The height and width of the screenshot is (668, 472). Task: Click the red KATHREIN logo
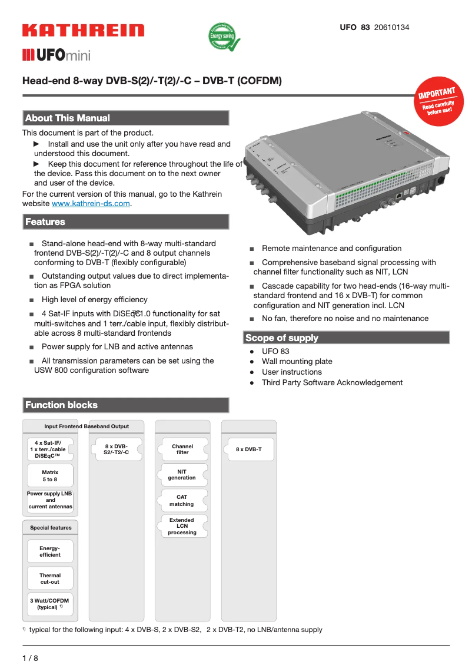83,31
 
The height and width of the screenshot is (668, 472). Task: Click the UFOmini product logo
56,56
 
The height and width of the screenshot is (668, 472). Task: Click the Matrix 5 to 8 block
50,476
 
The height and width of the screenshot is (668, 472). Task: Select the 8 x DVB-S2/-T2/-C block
116,449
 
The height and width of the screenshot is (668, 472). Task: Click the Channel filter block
182,449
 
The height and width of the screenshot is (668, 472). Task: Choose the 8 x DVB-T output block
249,449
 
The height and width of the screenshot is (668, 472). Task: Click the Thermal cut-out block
50,578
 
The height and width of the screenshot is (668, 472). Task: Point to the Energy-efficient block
50,551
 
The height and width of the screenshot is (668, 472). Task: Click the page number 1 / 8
30,658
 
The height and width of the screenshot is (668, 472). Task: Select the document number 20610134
392,28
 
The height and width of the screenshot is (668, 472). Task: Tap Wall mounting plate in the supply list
297,361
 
